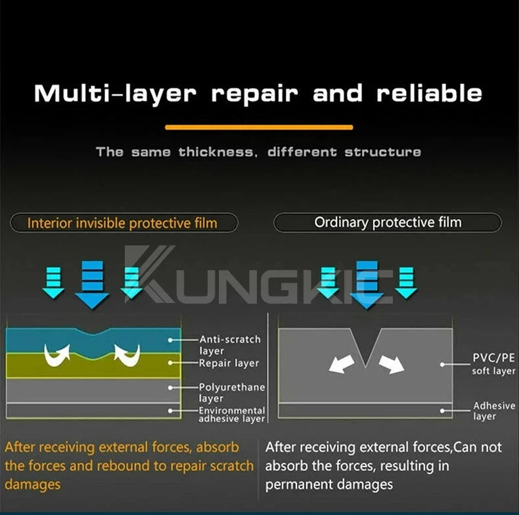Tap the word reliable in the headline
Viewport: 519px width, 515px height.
429,93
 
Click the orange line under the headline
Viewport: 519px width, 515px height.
259,127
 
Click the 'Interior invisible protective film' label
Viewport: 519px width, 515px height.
122,223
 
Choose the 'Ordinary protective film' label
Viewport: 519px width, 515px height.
388,222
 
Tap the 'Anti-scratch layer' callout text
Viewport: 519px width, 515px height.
230,345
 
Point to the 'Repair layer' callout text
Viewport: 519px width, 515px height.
229,363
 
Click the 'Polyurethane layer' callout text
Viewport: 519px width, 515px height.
232,392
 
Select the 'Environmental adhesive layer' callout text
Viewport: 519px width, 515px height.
232,415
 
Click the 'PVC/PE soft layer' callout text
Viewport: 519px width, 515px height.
493,364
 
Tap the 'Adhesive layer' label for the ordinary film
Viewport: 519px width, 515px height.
494,411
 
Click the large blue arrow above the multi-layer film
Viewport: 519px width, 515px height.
92,285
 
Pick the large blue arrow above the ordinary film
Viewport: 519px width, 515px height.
367,285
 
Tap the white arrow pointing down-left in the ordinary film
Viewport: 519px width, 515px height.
341,364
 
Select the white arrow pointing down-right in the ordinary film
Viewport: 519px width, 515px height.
392,364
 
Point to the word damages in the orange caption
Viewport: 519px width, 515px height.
32,485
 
